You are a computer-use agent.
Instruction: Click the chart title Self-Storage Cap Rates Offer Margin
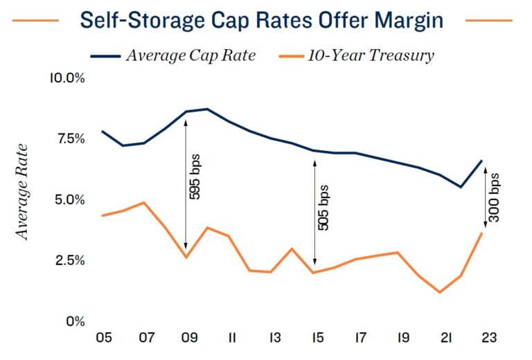point(261,20)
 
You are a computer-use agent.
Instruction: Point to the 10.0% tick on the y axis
point(66,78)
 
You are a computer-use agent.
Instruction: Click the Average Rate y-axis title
point(23,191)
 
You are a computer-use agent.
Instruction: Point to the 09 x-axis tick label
point(186,340)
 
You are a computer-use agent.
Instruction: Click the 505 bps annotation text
point(323,207)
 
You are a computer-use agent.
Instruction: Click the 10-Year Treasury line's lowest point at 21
point(440,292)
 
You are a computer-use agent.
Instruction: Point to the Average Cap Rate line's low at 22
point(461,187)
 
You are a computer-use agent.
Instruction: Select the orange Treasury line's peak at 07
point(143,202)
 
